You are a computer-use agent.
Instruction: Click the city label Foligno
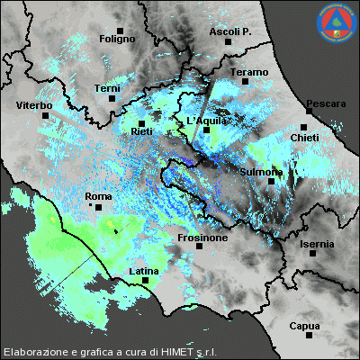pyautogui.click(x=117, y=40)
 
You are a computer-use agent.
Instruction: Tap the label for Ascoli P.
pyautogui.click(x=230, y=31)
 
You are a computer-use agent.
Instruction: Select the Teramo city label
pyautogui.click(x=249, y=72)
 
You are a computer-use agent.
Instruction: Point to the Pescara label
pyautogui.click(x=326, y=104)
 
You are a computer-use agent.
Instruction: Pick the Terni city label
pyautogui.click(x=107, y=88)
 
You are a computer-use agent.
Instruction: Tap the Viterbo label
pyautogui.click(x=34, y=106)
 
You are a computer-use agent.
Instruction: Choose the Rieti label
pyautogui.click(x=141, y=132)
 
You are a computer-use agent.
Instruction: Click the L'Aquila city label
pyautogui.click(x=204, y=121)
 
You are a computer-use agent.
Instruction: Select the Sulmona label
pyautogui.click(x=263, y=171)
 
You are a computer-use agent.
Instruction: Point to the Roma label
pyautogui.click(x=97, y=195)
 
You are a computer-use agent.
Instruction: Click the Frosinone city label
pyautogui.click(x=200, y=240)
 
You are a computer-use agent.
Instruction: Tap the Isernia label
pyautogui.click(x=317, y=244)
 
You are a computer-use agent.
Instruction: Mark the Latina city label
pyautogui.click(x=144, y=271)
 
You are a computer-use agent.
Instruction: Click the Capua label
pyautogui.click(x=304, y=326)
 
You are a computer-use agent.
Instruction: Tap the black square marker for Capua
pyautogui.click(x=309, y=336)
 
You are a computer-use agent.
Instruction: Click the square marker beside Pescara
pyautogui.click(x=304, y=127)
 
